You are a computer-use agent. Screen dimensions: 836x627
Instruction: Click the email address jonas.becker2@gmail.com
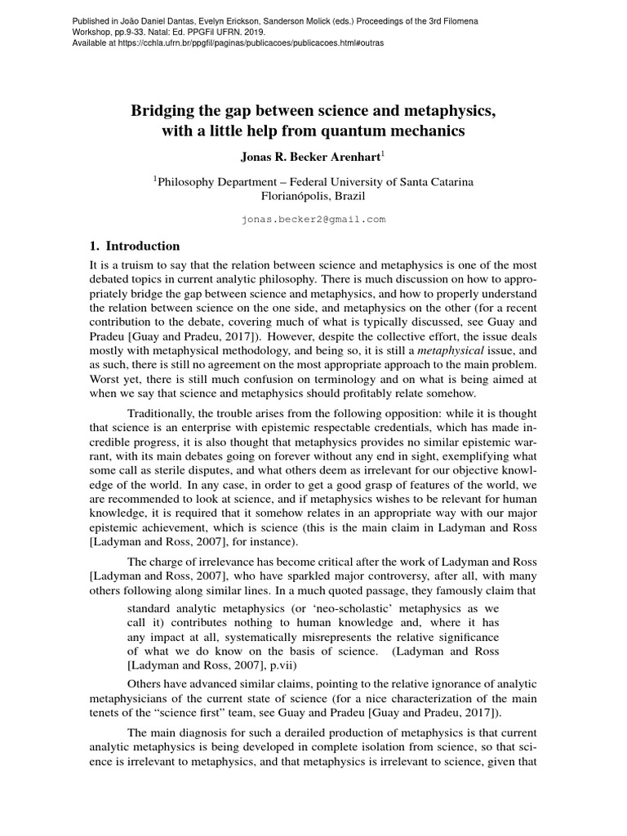[x=313, y=220]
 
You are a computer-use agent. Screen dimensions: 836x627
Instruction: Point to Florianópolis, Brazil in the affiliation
[x=313, y=197]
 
